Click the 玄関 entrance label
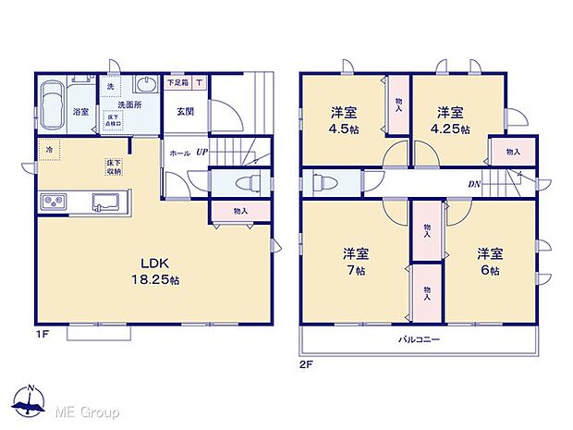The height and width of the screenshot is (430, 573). point(186,112)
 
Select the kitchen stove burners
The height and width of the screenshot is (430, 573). point(52,202)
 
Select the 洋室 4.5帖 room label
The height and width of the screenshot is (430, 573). point(345,120)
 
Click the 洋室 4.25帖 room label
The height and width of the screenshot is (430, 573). point(453,120)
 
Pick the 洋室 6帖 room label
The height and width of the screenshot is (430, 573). point(489,261)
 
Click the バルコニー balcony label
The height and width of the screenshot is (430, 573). point(419,339)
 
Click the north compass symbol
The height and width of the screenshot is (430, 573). point(30,403)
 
